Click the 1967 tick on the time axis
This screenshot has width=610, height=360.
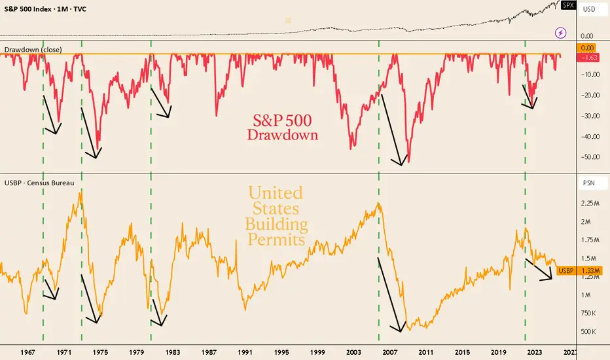(28, 351)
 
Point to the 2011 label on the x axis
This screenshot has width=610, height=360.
(425, 351)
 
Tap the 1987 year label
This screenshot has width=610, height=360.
(209, 351)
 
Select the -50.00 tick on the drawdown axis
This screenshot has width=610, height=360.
(590, 157)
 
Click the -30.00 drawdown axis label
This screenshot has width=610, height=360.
(590, 116)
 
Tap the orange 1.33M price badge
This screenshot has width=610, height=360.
(590, 270)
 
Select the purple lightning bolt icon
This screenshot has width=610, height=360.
(561, 31)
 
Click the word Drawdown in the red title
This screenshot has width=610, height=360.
(283, 135)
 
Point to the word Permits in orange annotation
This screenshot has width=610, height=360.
(276, 240)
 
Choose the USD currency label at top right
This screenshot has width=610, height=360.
(588, 9)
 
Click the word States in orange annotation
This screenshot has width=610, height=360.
(276, 209)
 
